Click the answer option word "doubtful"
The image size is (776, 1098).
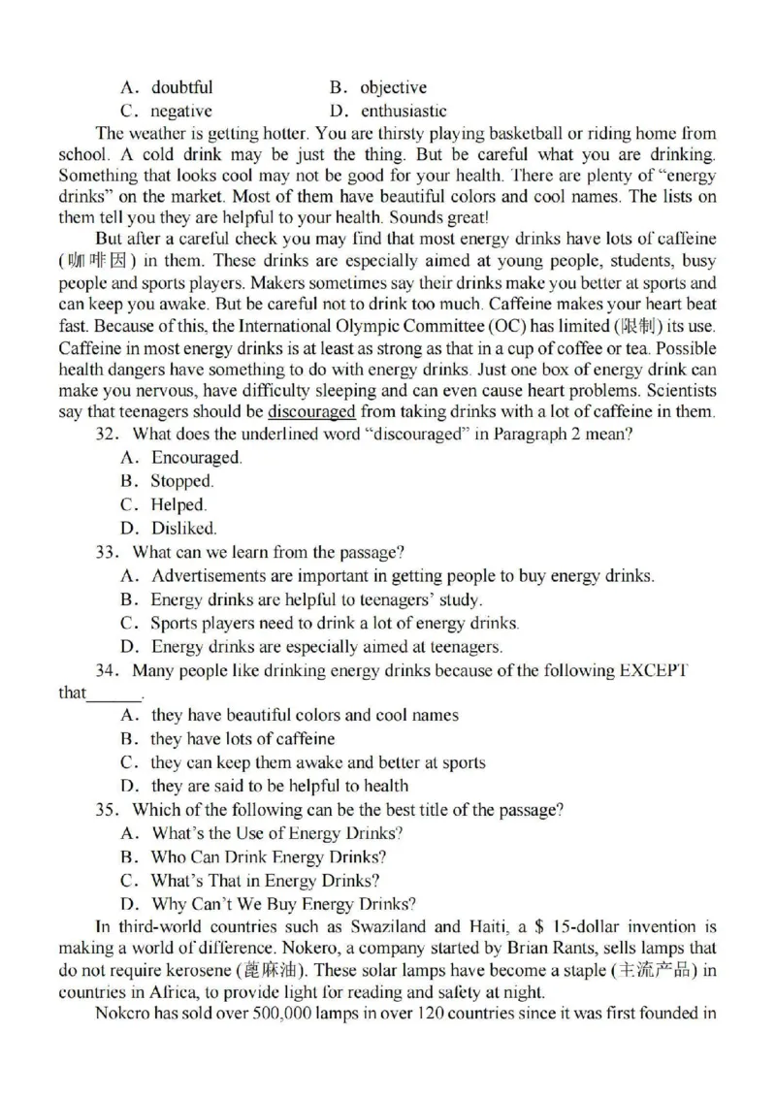[x=181, y=88]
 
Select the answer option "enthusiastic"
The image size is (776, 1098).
[x=404, y=112]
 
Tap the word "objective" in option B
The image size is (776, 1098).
[x=393, y=88]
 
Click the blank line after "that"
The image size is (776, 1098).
[x=114, y=694]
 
